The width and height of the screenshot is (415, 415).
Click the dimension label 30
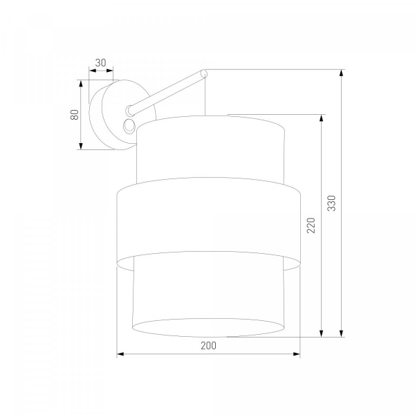(100, 63)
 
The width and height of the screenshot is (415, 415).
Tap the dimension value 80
(75, 115)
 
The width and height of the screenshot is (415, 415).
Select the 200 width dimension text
(209, 345)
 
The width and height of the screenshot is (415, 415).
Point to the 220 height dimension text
(311, 225)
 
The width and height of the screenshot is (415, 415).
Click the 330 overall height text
(331, 203)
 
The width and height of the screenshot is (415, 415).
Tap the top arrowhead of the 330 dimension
(342, 73)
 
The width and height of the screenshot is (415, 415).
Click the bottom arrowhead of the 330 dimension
(342, 333)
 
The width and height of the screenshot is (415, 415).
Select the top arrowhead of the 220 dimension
(322, 118)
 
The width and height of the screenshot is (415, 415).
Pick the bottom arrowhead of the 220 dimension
(322, 333)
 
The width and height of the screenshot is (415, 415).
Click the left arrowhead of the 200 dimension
(120, 354)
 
